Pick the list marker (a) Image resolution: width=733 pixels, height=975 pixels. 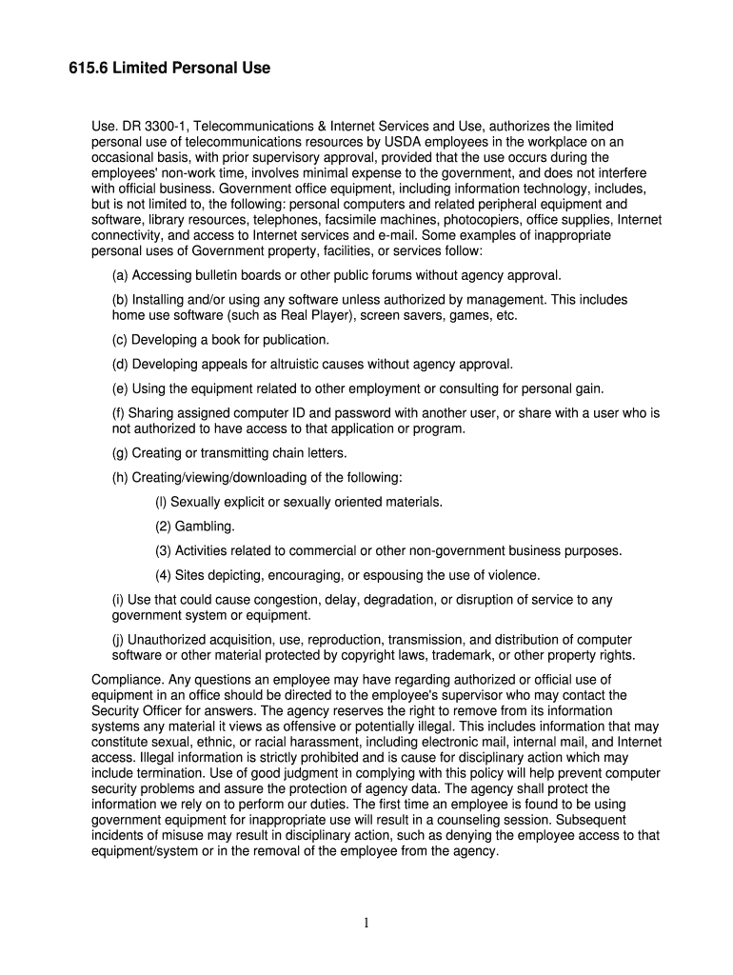click(120, 275)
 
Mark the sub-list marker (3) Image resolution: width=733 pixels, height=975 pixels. click(163, 550)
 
